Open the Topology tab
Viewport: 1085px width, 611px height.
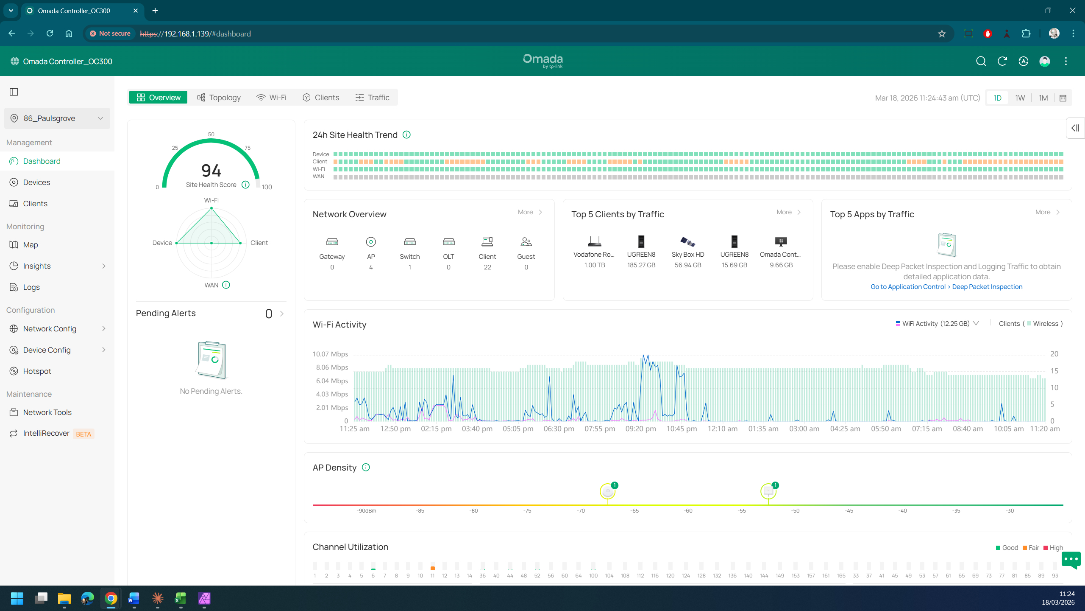click(x=219, y=98)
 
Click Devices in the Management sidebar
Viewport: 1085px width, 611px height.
click(x=36, y=182)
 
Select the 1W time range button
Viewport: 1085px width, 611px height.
click(x=1020, y=98)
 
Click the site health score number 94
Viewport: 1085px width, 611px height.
click(x=211, y=171)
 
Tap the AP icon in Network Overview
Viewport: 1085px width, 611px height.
click(x=371, y=242)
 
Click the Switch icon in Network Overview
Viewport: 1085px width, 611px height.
click(x=410, y=242)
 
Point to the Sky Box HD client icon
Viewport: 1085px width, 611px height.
click(x=687, y=242)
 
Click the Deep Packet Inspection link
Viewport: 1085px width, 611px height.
click(x=987, y=287)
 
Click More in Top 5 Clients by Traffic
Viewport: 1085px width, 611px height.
click(x=784, y=212)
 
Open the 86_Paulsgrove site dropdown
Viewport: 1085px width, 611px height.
click(x=57, y=118)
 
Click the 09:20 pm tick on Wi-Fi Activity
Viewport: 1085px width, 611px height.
click(x=640, y=429)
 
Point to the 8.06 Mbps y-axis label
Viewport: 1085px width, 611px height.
click(x=332, y=367)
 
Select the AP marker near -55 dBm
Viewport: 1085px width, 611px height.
click(x=768, y=491)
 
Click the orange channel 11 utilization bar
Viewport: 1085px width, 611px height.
click(x=432, y=568)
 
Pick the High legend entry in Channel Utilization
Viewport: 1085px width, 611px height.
click(x=1053, y=548)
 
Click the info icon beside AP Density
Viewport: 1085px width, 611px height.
click(x=366, y=468)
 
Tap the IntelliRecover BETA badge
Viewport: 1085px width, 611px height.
click(x=83, y=434)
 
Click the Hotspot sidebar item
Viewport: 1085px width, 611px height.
click(x=37, y=371)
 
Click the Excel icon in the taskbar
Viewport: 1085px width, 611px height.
click(x=181, y=598)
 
